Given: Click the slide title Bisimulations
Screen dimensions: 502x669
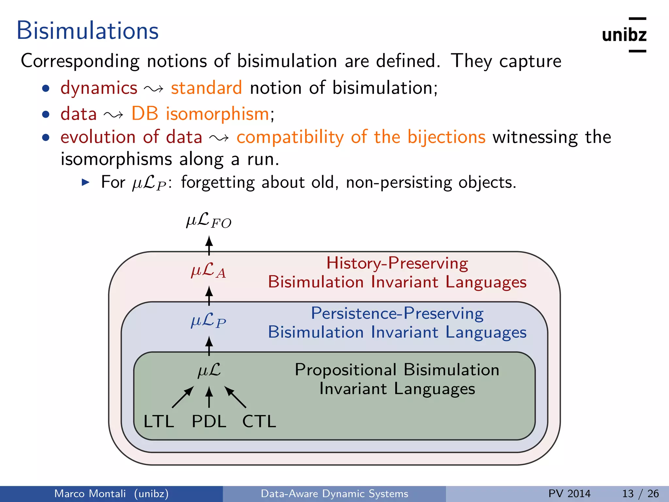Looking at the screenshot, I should click(x=88, y=31).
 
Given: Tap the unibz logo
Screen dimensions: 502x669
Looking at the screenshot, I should click(x=624, y=35).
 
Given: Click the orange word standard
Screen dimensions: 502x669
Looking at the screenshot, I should click(x=206, y=88).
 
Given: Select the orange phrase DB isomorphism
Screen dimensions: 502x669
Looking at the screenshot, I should click(x=200, y=114).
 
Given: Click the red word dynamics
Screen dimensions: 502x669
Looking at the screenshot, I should click(x=99, y=88).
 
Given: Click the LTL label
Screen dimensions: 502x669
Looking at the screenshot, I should click(x=159, y=421).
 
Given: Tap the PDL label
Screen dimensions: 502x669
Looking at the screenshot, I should click(x=209, y=421).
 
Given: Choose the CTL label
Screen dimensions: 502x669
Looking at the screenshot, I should click(x=259, y=421).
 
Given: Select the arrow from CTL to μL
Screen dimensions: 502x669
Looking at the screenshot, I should click(x=235, y=397).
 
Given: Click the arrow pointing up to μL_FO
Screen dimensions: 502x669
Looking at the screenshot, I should click(x=209, y=246).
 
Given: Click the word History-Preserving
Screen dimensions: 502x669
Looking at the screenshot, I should click(x=397, y=263).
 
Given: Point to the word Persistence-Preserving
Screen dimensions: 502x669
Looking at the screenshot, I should click(x=397, y=313).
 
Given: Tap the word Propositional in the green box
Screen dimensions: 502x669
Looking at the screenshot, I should click(x=346, y=370).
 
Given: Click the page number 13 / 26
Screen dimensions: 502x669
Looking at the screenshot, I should click(x=640, y=494).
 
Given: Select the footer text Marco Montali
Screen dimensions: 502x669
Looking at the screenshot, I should click(x=90, y=494).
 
